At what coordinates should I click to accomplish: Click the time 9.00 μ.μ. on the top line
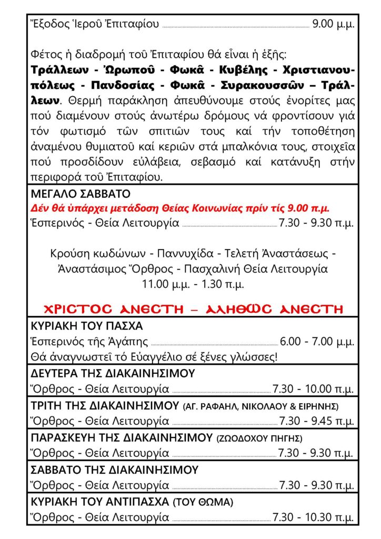point(333,24)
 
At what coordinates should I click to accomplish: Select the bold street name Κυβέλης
point(247,71)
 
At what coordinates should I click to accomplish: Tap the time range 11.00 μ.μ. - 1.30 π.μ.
point(193,284)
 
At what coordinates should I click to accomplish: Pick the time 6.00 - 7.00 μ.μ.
point(317,342)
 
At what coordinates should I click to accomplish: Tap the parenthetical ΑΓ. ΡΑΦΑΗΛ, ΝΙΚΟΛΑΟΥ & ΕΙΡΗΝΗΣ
point(260,406)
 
